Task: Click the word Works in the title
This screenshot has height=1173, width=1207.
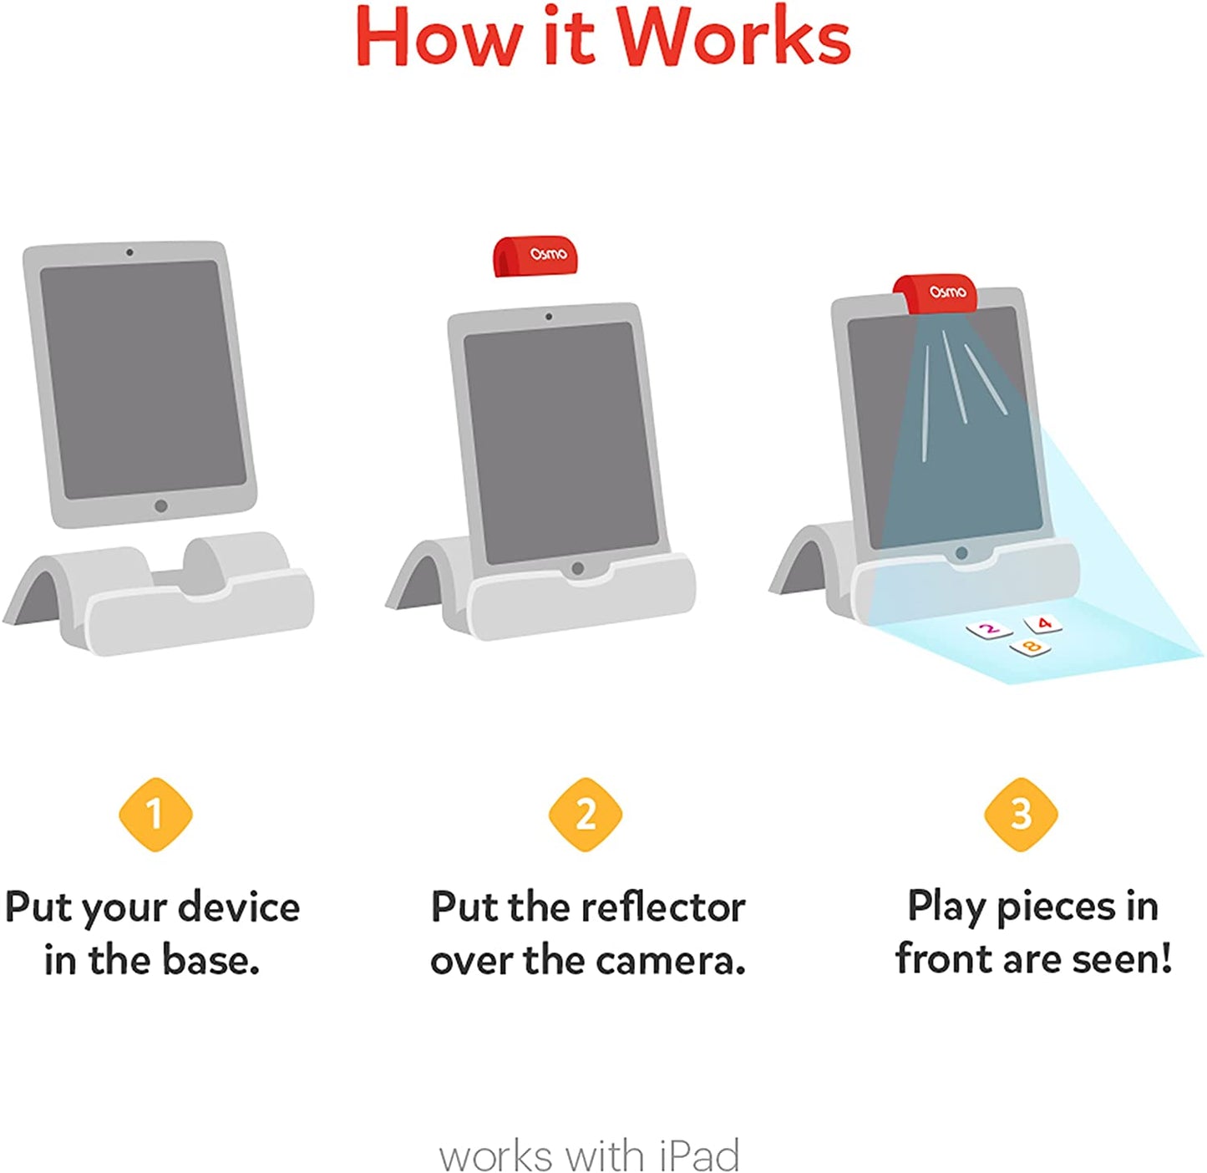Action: [x=733, y=38]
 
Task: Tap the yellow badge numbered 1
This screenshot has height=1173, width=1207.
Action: [x=155, y=814]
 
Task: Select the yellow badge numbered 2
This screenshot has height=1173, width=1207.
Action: [x=585, y=814]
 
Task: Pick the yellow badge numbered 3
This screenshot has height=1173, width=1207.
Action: [x=1021, y=814]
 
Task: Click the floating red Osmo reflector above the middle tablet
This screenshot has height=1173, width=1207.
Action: [x=535, y=255]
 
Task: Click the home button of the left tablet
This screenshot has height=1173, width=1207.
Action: [x=161, y=505]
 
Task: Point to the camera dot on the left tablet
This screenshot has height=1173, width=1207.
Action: [x=129, y=251]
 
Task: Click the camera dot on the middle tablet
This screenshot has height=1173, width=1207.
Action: [x=548, y=317]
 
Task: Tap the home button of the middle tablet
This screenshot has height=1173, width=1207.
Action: [x=577, y=569]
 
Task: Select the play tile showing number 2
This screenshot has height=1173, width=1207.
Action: [x=989, y=629]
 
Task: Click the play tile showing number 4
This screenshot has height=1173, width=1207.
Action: [x=1043, y=623]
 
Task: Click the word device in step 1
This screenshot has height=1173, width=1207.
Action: [x=239, y=907]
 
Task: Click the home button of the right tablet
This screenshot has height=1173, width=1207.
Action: [x=961, y=553]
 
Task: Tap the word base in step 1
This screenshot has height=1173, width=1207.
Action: [x=210, y=961]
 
